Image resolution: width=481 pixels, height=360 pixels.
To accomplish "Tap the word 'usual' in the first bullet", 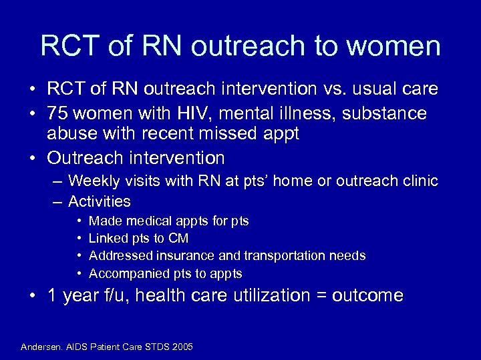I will point(379,89).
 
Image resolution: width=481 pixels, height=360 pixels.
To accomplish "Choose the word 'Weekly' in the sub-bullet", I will point(94,181).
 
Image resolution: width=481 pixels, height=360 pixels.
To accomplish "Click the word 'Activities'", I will point(100,201).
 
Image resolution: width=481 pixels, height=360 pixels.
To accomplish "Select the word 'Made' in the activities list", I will point(103,221).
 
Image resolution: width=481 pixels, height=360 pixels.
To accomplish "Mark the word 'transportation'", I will point(285,255).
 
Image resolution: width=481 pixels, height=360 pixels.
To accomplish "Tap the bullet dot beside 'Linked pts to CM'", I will point(79,238).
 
